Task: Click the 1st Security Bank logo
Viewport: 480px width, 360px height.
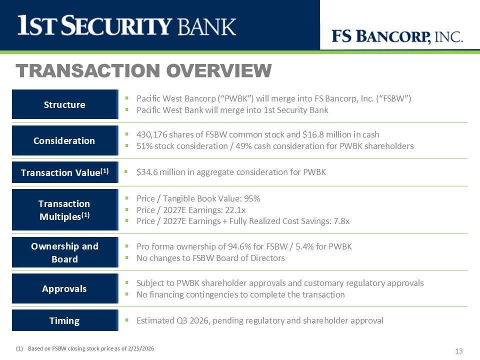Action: pos(126,25)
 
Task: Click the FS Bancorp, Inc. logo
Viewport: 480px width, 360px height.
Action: pos(397,36)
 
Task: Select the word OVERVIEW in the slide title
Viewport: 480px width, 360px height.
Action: pos(219,70)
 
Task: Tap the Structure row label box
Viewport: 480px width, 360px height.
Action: pos(65,104)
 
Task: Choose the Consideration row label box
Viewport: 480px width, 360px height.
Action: pos(65,140)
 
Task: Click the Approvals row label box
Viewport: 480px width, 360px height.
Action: pos(65,288)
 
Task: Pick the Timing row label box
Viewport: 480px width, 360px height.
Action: pos(65,320)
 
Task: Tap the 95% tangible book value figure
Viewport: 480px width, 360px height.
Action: pos(252,198)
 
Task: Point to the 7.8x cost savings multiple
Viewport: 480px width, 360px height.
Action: pos(341,221)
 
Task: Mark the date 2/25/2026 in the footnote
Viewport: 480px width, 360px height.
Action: pos(141,348)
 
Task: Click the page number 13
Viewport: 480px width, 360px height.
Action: pos(459,351)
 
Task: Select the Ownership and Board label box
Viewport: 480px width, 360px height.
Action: pos(65,252)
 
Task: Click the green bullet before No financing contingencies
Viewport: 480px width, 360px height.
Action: pos(126,294)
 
